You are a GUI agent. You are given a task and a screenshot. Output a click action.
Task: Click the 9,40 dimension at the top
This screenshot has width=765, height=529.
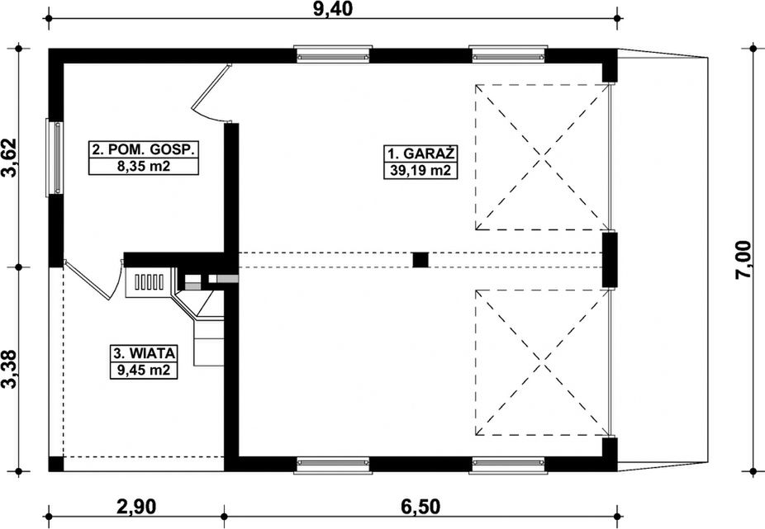pos(333,9)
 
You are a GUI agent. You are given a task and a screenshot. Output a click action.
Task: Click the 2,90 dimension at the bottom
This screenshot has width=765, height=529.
pos(136,507)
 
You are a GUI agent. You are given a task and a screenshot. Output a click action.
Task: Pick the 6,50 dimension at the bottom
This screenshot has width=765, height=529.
pos(420,507)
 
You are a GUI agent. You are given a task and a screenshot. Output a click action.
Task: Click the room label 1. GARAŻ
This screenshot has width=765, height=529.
pos(421,154)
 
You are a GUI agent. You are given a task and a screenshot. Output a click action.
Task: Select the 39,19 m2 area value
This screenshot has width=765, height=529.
pos(420,171)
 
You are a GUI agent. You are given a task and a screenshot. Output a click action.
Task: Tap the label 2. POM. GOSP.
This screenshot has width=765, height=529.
pos(144,149)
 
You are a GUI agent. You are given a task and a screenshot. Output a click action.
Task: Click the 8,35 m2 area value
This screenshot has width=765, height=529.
pos(144,167)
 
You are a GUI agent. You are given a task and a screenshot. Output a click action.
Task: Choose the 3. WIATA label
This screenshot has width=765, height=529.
pos(144,352)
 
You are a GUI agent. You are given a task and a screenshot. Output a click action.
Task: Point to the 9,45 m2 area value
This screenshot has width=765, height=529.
pos(144,370)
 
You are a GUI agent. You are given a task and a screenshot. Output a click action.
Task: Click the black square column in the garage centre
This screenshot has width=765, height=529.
pos(421,260)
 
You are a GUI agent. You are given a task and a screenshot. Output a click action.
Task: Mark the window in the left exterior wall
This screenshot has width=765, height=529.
pos(55,158)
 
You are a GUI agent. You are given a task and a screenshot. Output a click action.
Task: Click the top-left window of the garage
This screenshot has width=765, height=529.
pos(333,54)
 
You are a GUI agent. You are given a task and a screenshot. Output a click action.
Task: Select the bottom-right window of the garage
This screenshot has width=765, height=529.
pos(507,465)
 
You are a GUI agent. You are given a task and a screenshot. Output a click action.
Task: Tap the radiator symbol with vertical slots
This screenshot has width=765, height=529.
pos(149,281)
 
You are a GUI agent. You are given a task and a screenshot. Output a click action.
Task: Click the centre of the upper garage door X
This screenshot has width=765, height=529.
pos(543,157)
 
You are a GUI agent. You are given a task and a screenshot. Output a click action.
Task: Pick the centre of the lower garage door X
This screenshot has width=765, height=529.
pos(543,363)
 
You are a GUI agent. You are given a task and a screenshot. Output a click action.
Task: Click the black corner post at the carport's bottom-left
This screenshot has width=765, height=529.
pos(56,464)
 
